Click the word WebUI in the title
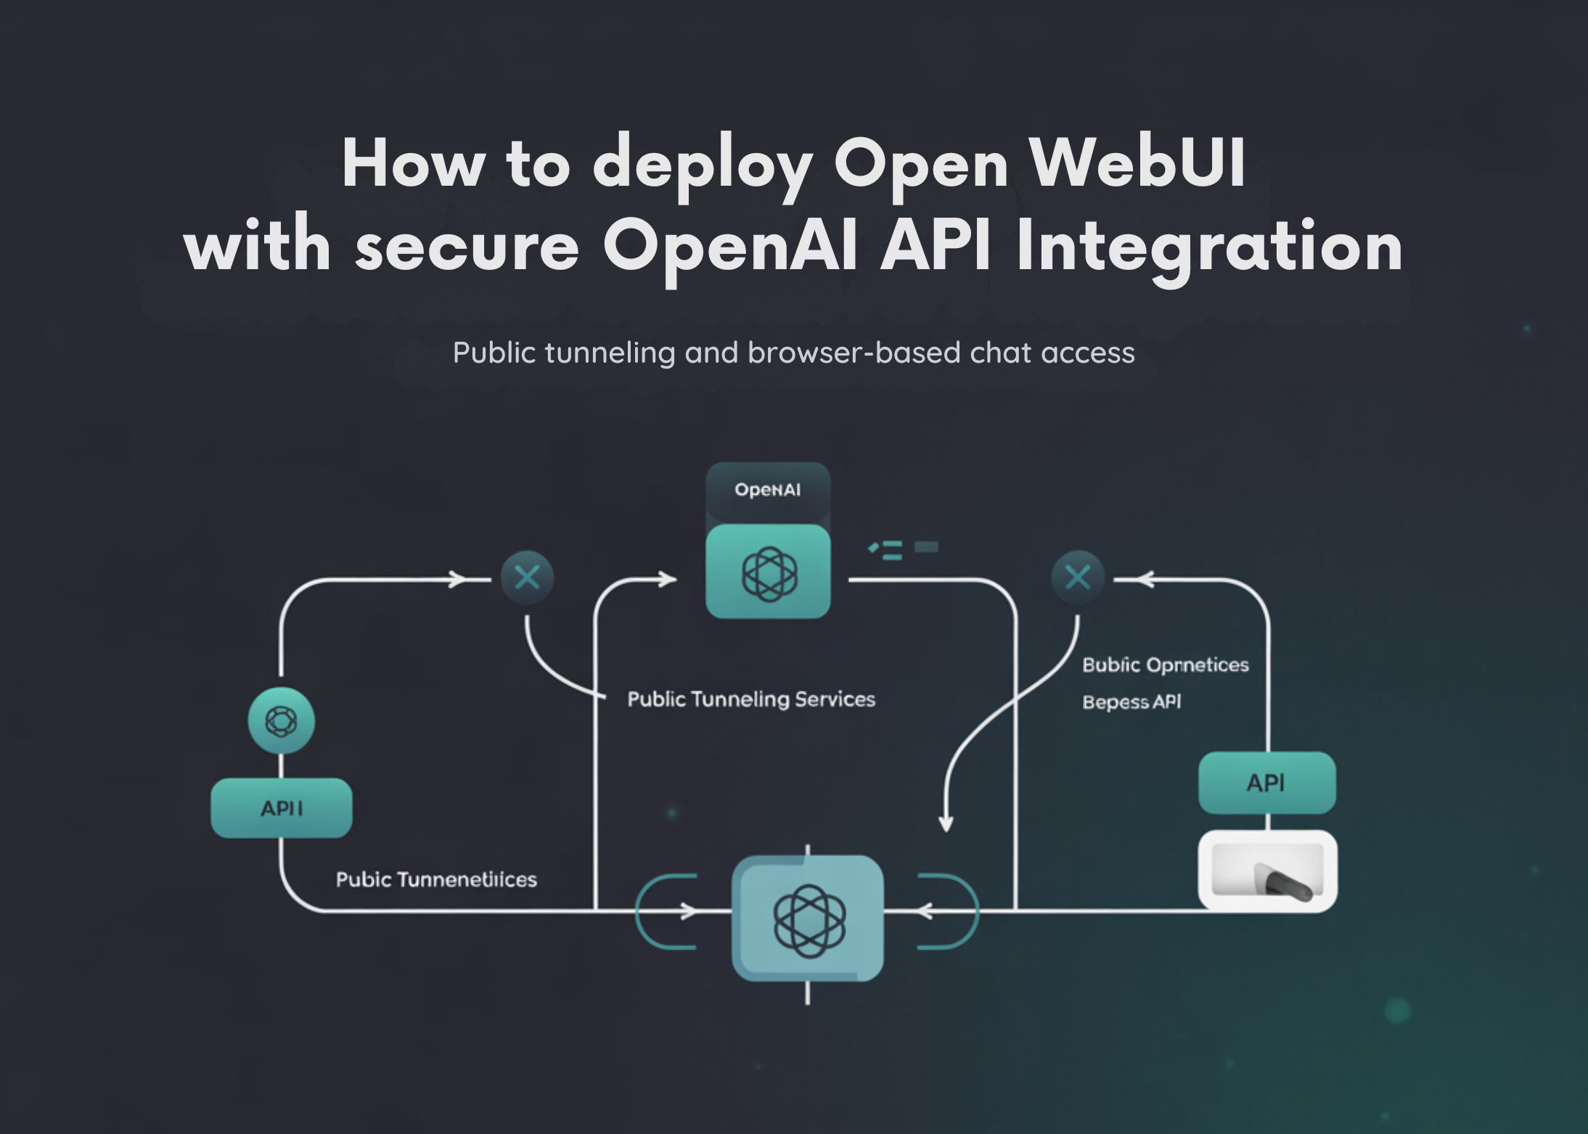(x=1137, y=164)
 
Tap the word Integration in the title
(x=1209, y=247)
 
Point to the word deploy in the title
(x=702, y=165)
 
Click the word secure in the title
(x=467, y=247)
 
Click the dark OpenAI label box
(x=767, y=490)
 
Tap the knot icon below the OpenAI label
(x=768, y=573)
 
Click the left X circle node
(x=527, y=578)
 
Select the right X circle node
(x=1077, y=578)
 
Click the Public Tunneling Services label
(x=750, y=699)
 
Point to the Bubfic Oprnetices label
(x=1165, y=665)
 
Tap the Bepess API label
(x=1131, y=702)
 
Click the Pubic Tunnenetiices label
(x=435, y=880)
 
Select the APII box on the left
(x=282, y=808)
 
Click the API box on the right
(x=1266, y=783)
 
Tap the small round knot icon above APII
(x=282, y=721)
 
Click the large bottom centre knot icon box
(x=808, y=919)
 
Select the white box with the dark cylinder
(x=1267, y=871)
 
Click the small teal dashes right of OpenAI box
(x=902, y=549)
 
